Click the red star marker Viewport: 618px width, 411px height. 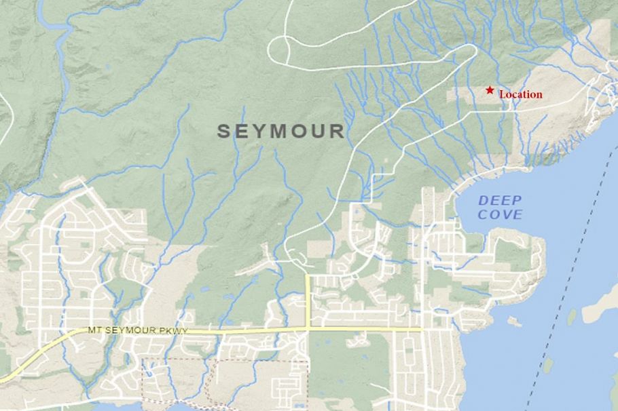click(x=489, y=90)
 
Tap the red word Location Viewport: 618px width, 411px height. click(x=521, y=95)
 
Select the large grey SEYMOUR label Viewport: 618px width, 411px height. click(x=280, y=131)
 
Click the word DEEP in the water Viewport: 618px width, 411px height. click(x=500, y=200)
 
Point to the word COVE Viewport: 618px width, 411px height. click(x=500, y=215)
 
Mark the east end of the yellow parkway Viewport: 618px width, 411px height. click(x=421, y=330)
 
